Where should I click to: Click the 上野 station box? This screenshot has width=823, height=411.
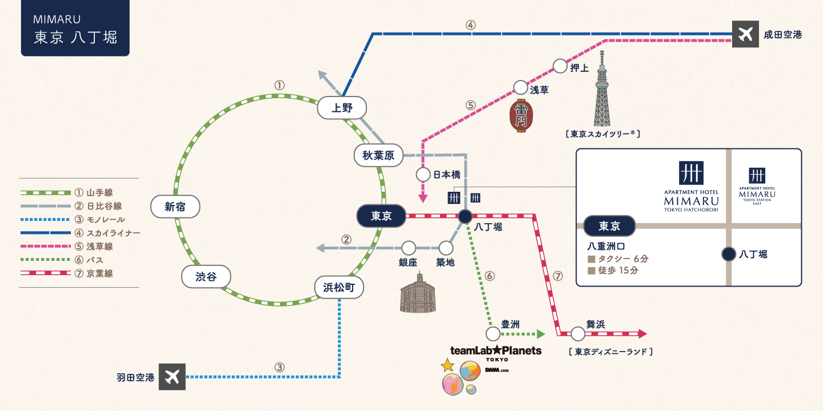342,108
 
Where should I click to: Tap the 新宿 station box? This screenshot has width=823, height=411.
175,207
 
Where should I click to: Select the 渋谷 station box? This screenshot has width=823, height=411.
206,277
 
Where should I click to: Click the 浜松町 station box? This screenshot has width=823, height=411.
339,288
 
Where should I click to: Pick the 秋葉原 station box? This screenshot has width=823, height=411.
378,155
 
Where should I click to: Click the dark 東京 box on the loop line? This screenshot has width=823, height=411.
381,216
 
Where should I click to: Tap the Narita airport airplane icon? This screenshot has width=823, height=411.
745,34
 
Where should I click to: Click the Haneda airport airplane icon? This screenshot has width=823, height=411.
172,377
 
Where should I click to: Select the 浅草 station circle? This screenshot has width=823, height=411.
521,87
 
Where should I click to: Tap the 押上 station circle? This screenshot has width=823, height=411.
561,66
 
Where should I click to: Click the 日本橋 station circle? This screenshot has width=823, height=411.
423,174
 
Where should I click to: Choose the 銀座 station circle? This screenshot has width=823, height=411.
409,248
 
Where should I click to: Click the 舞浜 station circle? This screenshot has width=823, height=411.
578,334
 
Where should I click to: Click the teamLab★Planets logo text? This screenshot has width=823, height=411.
496,350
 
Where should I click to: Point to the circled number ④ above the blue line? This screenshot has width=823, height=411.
470,25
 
